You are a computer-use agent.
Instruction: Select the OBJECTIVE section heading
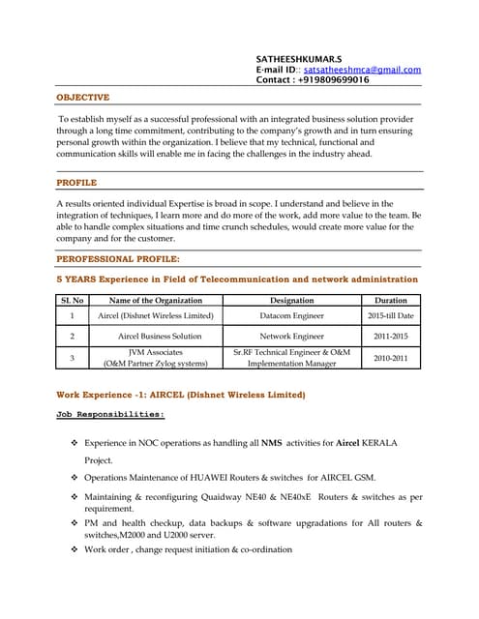83,98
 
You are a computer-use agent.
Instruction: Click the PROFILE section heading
76,182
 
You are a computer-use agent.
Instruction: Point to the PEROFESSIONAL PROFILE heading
118,259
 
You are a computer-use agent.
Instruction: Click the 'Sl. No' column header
72,301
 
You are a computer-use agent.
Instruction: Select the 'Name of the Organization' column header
156,301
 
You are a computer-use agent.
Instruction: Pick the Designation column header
291,301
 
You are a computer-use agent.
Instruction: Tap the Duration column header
390,301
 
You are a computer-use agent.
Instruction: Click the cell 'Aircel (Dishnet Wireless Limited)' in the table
156,316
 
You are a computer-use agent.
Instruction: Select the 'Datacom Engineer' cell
291,316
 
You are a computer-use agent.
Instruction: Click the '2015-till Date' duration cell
390,316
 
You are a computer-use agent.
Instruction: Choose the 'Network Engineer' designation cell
291,337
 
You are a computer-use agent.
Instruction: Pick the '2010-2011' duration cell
390,358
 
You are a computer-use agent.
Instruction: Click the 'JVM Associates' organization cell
156,353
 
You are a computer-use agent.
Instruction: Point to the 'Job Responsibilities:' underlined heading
110,415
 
